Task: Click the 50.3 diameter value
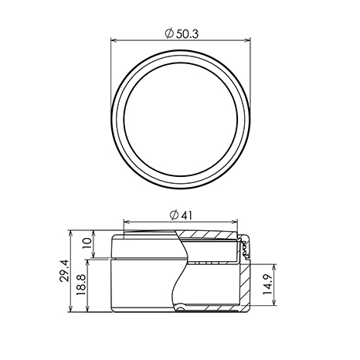(x=187, y=34)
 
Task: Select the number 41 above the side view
(x=186, y=216)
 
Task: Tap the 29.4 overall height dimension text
(x=65, y=270)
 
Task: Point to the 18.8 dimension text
(x=80, y=284)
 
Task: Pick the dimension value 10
(x=87, y=243)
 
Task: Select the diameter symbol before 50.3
(x=169, y=34)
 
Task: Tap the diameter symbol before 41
(x=174, y=216)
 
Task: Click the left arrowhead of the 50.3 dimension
(x=114, y=40)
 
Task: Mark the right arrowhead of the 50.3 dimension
(x=247, y=40)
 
